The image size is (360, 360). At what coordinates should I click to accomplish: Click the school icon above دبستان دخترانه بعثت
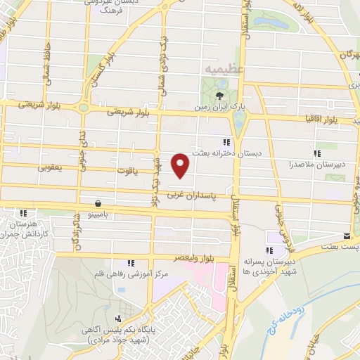pyautogui.click(x=227, y=142)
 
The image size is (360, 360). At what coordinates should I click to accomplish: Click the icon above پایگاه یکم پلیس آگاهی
pyautogui.click(x=128, y=309)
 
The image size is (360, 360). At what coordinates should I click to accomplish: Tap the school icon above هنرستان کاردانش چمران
pyautogui.click(x=23, y=213)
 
